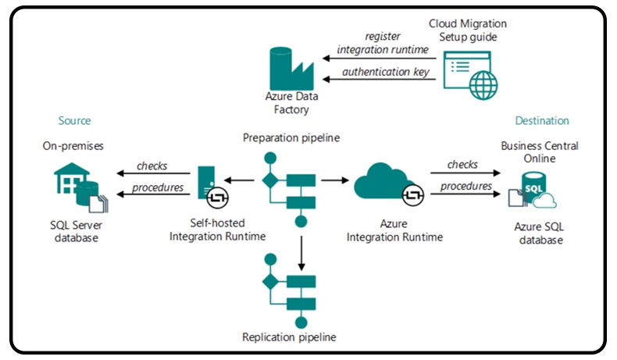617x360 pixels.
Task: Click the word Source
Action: click(x=74, y=121)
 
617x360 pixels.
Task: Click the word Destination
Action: click(x=542, y=121)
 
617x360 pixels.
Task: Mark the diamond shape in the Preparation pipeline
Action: click(x=270, y=180)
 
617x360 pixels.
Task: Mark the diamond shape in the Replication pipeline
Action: click(x=270, y=282)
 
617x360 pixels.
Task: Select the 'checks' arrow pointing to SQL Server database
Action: click(x=152, y=173)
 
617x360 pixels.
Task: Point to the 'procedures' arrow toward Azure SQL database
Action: click(x=465, y=194)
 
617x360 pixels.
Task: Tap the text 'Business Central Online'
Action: click(x=540, y=151)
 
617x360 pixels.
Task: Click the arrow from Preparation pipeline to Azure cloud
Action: click(x=335, y=180)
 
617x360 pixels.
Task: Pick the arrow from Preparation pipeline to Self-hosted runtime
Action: click(x=243, y=180)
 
